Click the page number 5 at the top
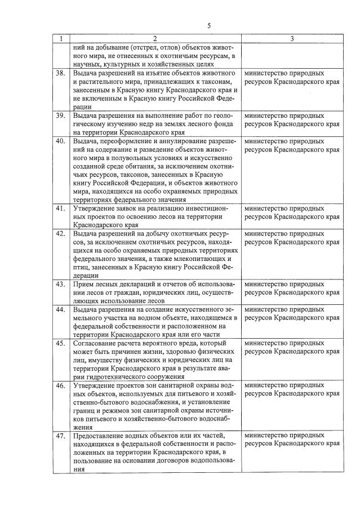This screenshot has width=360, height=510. [209, 26]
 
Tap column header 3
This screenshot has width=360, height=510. [292, 39]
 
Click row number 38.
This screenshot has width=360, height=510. [60, 73]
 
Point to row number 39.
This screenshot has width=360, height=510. [60, 116]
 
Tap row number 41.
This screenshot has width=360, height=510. [60, 209]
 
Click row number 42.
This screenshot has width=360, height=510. [60, 233]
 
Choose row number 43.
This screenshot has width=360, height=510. [60, 284]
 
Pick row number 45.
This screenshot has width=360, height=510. [60, 343]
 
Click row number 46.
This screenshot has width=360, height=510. [60, 385]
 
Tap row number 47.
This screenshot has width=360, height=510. [60, 436]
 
